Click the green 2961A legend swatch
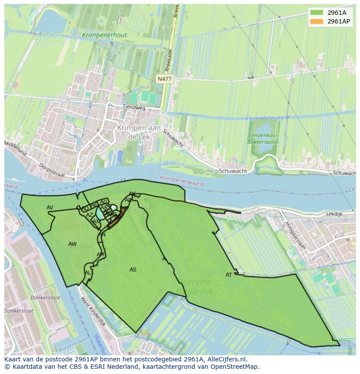(317, 13)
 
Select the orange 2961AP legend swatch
(317, 21)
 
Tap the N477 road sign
(164, 79)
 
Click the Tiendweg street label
(133, 107)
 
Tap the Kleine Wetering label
(264, 118)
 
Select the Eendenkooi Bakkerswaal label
(262, 138)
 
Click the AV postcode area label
(50, 208)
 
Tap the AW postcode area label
(72, 244)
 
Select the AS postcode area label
(133, 270)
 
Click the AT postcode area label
(229, 275)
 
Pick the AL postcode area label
(88, 273)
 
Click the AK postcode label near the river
(132, 194)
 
